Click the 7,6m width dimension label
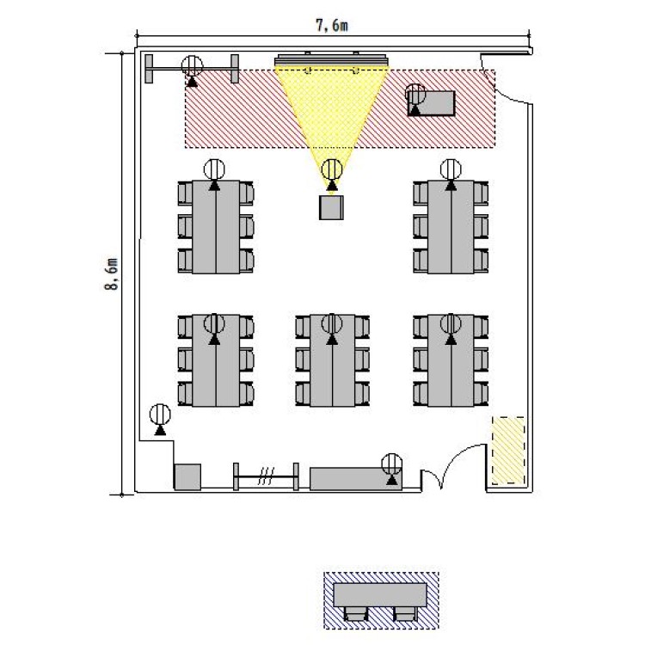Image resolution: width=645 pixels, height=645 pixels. click(332, 26)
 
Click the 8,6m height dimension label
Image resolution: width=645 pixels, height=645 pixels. click(112, 274)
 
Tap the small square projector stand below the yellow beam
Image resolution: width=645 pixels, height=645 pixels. click(331, 207)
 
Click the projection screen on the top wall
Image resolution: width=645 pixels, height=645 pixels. click(332, 59)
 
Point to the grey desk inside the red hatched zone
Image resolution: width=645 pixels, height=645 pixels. click(432, 103)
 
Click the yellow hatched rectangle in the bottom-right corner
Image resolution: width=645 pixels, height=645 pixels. click(508, 451)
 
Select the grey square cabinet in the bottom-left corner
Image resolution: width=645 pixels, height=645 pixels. click(188, 477)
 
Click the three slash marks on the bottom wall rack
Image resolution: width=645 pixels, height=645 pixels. click(266, 476)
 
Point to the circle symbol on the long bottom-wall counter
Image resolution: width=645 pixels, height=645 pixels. click(392, 464)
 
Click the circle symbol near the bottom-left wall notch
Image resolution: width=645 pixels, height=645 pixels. click(160, 415)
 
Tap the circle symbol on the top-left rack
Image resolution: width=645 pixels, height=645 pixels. click(192, 66)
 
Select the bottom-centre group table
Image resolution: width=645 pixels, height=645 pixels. click(332, 360)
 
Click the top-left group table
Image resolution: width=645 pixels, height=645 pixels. click(216, 227)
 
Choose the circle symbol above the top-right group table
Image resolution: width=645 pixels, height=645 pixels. click(451, 169)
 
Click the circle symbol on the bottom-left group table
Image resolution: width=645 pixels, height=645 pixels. click(214, 323)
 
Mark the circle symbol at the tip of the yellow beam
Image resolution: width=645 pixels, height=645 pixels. click(332, 169)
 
